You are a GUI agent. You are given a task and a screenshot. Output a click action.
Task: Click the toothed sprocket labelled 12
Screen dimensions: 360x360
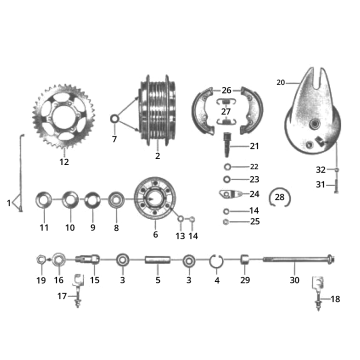(64, 118)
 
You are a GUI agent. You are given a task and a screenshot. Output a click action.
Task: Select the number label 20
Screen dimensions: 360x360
(280, 82)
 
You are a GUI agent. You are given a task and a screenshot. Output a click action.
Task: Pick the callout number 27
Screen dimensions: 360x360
(225, 111)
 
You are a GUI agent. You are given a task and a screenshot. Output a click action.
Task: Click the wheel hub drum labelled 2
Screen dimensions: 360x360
(157, 110)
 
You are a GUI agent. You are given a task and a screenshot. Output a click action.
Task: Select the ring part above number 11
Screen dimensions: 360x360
(44, 200)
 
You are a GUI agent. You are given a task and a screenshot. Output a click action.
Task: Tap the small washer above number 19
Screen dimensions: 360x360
(40, 262)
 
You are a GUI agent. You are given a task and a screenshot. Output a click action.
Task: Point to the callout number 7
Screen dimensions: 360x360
(113, 140)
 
